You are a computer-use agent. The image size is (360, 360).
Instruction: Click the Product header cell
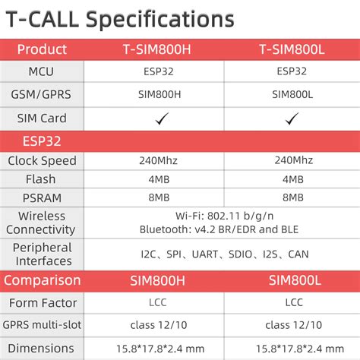tap(42, 50)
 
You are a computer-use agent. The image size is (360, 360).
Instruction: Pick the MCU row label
tap(42, 72)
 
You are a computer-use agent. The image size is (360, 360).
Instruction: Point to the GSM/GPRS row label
tap(42, 95)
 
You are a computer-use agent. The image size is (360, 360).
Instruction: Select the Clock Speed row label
tap(42, 161)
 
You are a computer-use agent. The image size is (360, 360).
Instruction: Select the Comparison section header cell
tap(42, 280)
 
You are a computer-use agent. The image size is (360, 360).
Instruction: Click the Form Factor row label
tap(42, 303)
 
